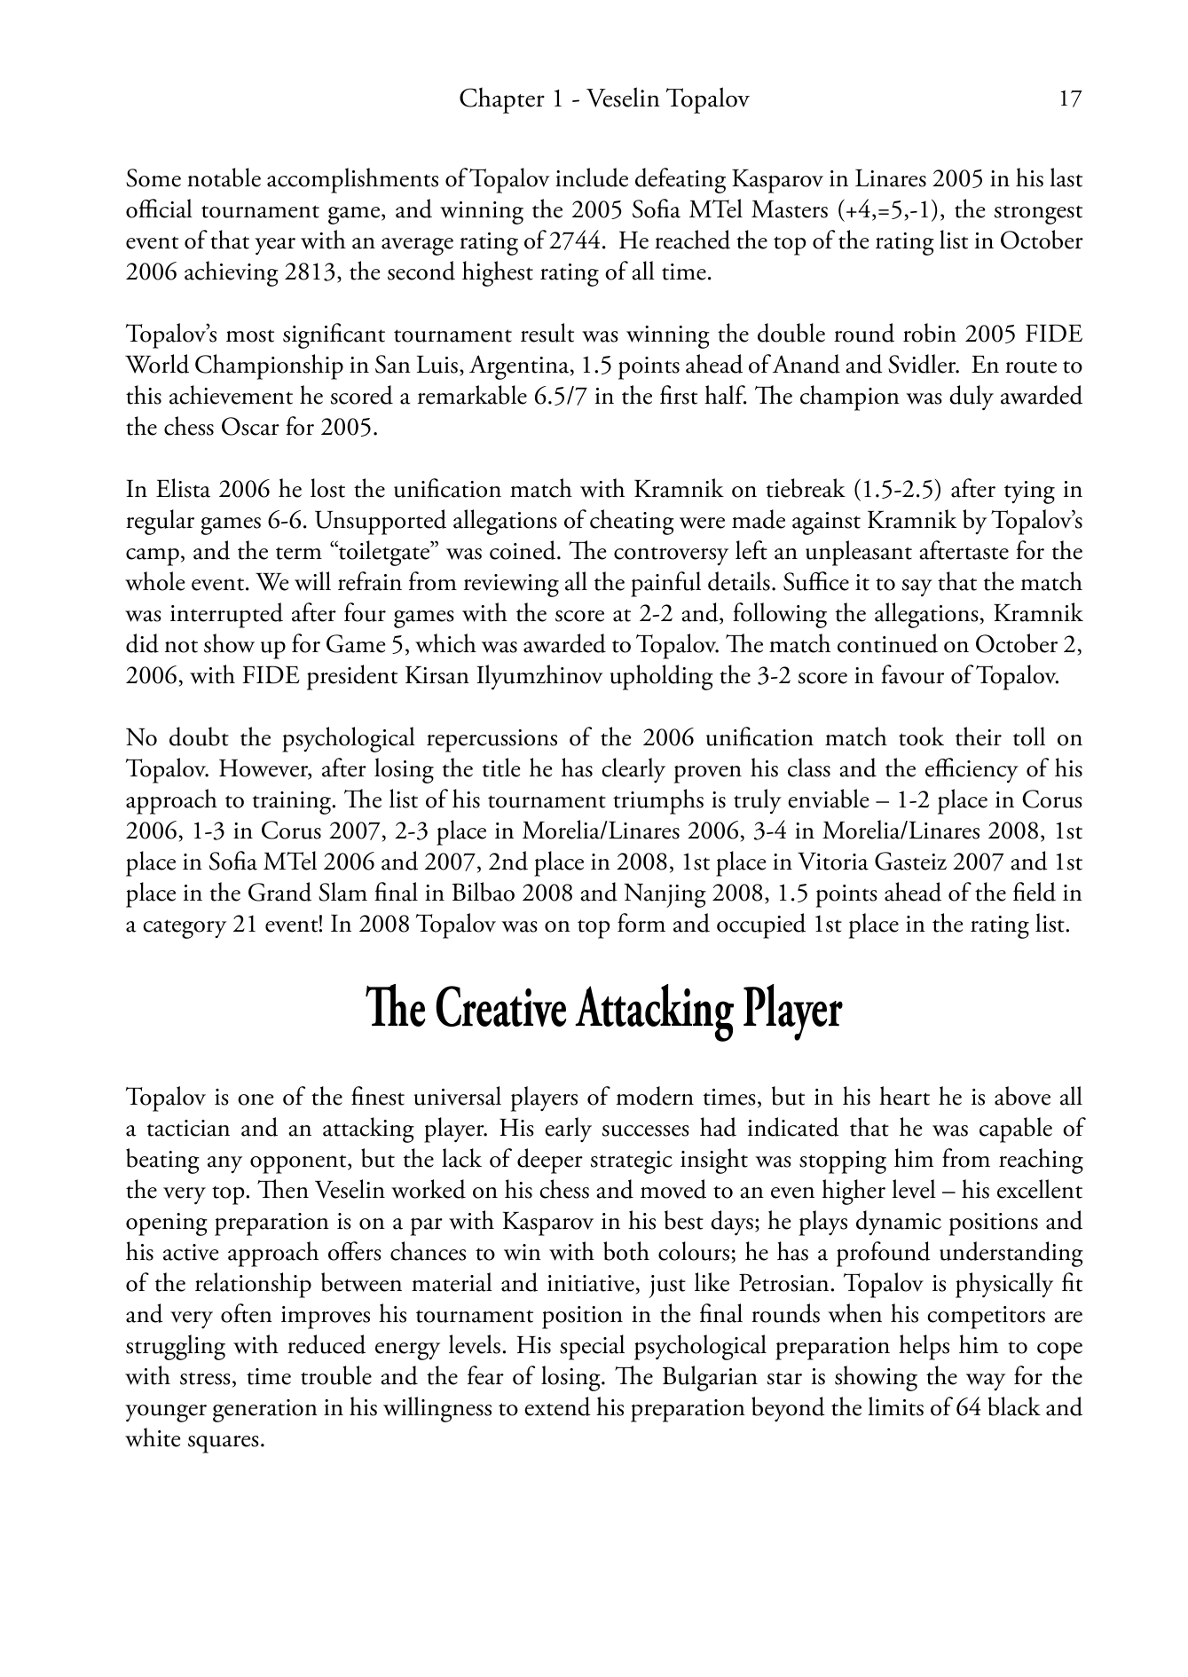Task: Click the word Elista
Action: point(181,490)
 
